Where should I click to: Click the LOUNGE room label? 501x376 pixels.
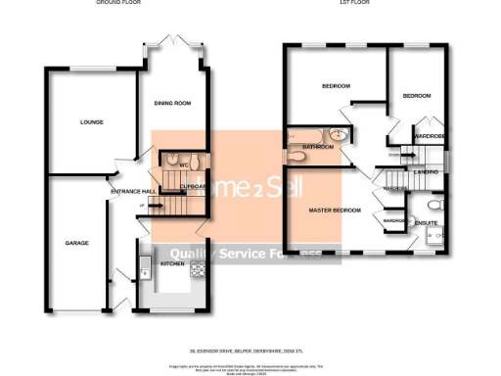click(92, 122)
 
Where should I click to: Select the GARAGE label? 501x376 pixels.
click(77, 242)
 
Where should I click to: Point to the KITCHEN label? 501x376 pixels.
click(172, 263)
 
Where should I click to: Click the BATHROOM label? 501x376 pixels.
click(318, 147)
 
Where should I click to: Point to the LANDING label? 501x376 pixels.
click(426, 172)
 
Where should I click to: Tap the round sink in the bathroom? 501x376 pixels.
click(338, 136)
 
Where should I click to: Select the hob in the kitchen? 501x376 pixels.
click(196, 259)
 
